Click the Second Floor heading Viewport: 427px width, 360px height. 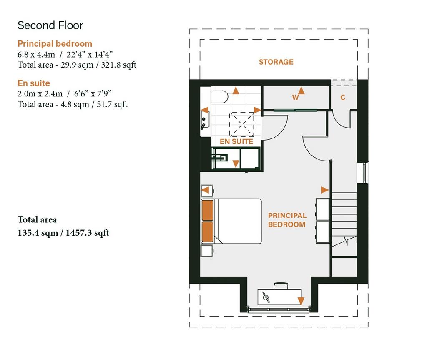pos(50,25)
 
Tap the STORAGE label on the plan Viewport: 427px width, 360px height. pos(276,62)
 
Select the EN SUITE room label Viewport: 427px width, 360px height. pos(236,141)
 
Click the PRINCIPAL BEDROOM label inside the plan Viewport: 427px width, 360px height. pos(287,220)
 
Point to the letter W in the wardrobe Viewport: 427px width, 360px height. pos(295,97)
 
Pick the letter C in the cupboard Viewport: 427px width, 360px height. pos(343,97)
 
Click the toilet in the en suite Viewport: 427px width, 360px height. pos(219,97)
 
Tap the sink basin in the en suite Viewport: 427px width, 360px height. pos(205,120)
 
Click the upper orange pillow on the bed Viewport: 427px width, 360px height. pos(208,210)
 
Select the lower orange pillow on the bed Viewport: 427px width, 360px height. pos(208,232)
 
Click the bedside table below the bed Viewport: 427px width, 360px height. pos(207,251)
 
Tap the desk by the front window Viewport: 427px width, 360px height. pos(279,297)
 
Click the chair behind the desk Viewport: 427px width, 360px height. pos(281,286)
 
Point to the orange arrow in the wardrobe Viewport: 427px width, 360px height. pos(301,91)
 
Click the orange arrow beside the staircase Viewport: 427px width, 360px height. pos(325,190)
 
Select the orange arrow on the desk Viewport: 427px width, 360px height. pos(301,301)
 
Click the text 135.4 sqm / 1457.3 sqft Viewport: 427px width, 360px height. pos(63,233)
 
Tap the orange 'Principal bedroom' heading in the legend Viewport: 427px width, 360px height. pos(55,44)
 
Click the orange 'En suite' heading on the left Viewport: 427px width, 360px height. pos(34,83)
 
